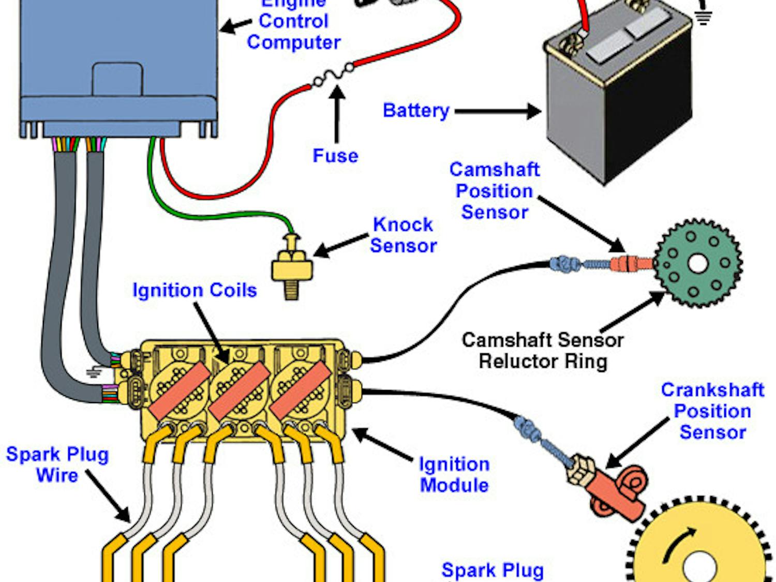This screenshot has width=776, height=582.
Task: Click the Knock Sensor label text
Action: pyautogui.click(x=404, y=235)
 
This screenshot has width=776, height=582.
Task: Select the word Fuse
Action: pyautogui.click(x=335, y=156)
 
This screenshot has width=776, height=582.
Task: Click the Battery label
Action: pyautogui.click(x=416, y=111)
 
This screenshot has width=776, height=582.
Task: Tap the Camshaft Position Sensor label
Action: pyautogui.click(x=495, y=191)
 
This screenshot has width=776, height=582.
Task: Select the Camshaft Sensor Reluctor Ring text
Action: pyautogui.click(x=543, y=351)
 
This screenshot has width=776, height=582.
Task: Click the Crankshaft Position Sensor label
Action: pyautogui.click(x=712, y=411)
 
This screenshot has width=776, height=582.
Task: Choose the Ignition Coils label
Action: pyautogui.click(x=195, y=290)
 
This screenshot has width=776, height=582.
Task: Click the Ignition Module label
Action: pyautogui.click(x=454, y=475)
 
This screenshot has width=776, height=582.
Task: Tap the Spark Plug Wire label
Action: pyautogui.click(x=57, y=465)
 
